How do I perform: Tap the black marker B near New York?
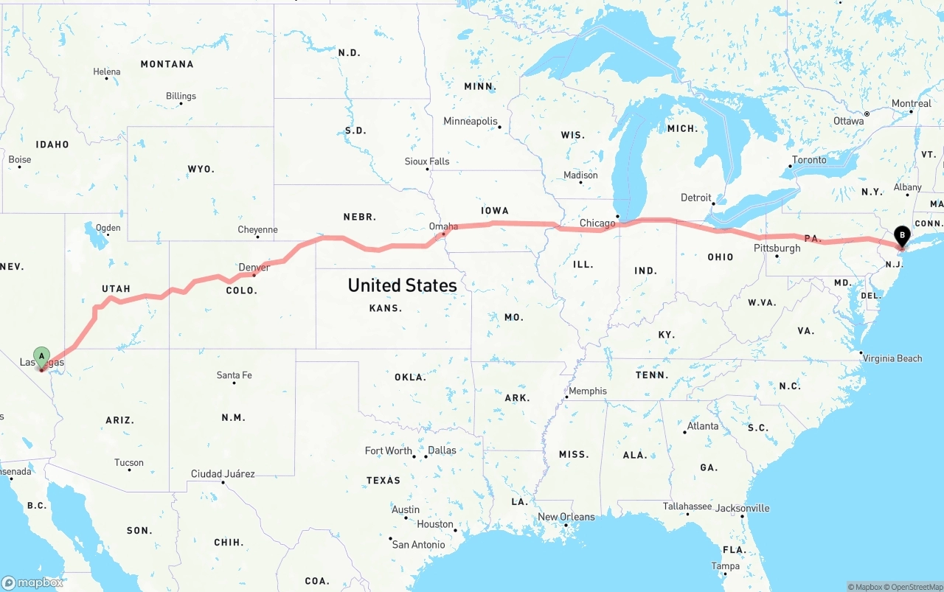pyautogui.click(x=901, y=236)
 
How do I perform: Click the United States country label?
pyautogui.click(x=402, y=285)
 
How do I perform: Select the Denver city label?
pyautogui.click(x=254, y=267)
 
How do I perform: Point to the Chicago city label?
pyautogui.click(x=597, y=223)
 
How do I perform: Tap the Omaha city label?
pyautogui.click(x=443, y=226)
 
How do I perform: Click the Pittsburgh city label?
pyautogui.click(x=777, y=248)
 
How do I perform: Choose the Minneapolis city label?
pyautogui.click(x=471, y=121)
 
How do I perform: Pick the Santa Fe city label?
pyautogui.click(x=234, y=375)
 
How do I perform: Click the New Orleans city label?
pyautogui.click(x=566, y=517)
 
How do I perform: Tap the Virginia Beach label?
pyautogui.click(x=892, y=358)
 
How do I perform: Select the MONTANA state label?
pyautogui.click(x=167, y=64)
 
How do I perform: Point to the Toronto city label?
pyautogui.click(x=809, y=160)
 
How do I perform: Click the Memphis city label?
pyautogui.click(x=588, y=391)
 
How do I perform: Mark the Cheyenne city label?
pyautogui.click(x=257, y=230)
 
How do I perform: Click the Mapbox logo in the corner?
pyautogui.click(x=32, y=582)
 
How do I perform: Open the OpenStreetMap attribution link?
pyautogui.click(x=914, y=587)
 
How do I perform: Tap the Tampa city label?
pyautogui.click(x=725, y=566)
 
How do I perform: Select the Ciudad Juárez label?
pyautogui.click(x=223, y=473)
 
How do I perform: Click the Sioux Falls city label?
pyautogui.click(x=427, y=161)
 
